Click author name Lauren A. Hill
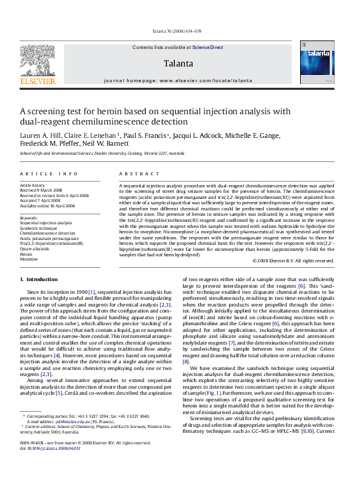point(38,135)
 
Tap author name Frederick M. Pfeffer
point(45,144)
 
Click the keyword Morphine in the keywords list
point(28,259)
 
